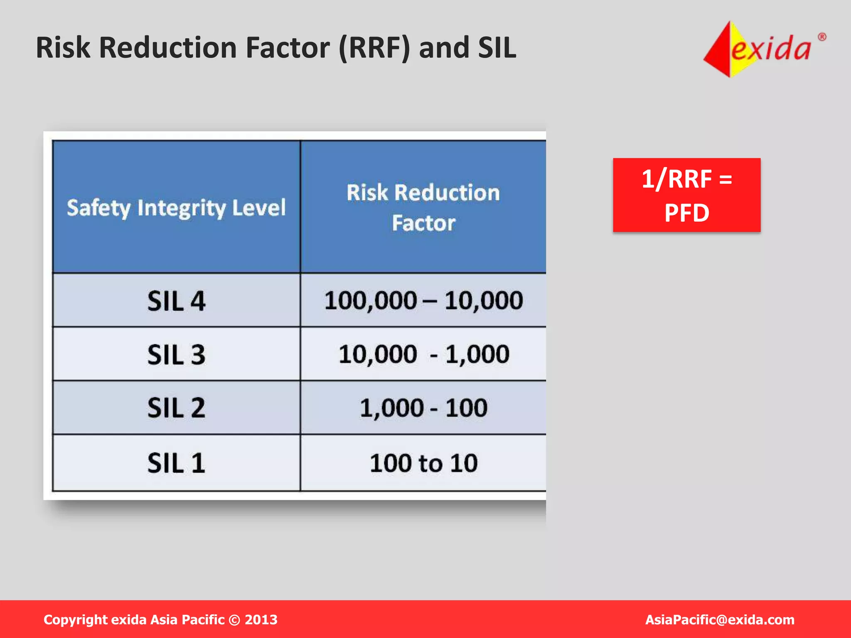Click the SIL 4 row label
pos(176,301)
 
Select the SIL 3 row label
pos(176,355)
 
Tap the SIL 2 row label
pos(176,408)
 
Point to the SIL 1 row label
pos(176,463)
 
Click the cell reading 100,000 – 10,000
pos(423,300)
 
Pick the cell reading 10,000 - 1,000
pos(423,354)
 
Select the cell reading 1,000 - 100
pos(423,408)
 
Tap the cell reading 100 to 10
pos(423,463)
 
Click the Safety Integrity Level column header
pos(176,208)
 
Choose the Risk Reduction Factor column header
pos(423,208)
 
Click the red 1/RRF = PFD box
pos(686,195)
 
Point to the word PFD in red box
pos(686,213)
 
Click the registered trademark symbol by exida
pos(821,37)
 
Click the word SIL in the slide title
pos(497,47)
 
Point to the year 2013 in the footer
pos(261,620)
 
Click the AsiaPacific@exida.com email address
pos(719,620)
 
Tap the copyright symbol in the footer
pos(234,620)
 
